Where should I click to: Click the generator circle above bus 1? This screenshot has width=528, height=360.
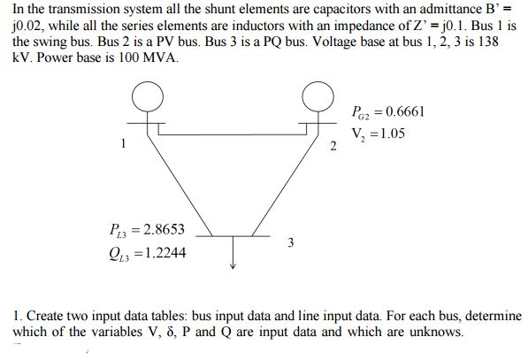tap(132, 97)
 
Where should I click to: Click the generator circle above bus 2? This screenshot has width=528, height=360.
tap(302, 97)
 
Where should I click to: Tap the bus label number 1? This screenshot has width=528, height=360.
tap(123, 143)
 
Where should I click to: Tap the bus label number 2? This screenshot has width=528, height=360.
tap(333, 146)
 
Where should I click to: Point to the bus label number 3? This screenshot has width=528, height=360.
tap(291, 242)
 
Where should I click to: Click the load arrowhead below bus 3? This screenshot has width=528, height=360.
tap(233, 265)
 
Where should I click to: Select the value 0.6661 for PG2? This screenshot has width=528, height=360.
tap(405, 111)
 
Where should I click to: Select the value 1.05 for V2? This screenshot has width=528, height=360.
tap(392, 134)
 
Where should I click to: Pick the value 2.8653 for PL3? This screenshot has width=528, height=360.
tap(164, 229)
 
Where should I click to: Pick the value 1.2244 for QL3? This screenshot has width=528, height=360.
tap(165, 253)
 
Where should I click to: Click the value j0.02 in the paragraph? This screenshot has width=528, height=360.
tap(28, 26)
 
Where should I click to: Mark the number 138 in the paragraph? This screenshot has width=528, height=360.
tap(488, 42)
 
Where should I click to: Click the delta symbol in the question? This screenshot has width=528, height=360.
tap(170, 332)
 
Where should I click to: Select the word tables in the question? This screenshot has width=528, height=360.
tap(170, 316)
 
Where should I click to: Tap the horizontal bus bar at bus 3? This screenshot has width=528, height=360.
tap(233, 236)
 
